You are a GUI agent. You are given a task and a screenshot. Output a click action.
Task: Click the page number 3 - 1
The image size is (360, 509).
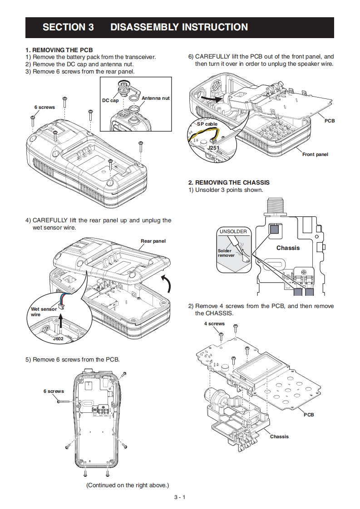pos(180,497)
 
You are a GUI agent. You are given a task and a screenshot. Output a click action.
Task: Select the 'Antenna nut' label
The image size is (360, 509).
pos(156,98)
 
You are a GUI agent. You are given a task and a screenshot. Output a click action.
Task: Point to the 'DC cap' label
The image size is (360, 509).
pos(110,100)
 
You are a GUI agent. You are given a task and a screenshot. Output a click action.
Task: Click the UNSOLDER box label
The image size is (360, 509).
pos(233,231)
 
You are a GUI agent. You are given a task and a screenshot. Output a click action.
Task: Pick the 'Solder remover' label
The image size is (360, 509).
pos(226,253)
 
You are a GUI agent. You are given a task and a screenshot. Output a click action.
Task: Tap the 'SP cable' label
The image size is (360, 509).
pos(207,124)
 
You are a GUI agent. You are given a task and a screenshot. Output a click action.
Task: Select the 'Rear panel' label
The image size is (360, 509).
pos(153,241)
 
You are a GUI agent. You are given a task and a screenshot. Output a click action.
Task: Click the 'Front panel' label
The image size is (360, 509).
pos(315,155)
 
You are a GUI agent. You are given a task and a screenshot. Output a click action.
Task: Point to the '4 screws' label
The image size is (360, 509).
pos(214,323)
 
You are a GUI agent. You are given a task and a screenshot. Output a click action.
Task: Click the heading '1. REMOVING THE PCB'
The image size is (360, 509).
pos(59,50)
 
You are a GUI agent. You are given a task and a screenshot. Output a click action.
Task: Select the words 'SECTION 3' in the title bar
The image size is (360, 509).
pos(68,27)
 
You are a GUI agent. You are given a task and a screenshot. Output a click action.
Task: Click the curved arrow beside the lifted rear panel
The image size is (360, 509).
pos(167,285)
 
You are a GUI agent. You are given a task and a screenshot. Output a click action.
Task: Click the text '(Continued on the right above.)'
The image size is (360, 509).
pos(128,485)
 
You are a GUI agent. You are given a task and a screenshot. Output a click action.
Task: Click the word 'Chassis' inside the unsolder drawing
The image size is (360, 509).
pos(288,248)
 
